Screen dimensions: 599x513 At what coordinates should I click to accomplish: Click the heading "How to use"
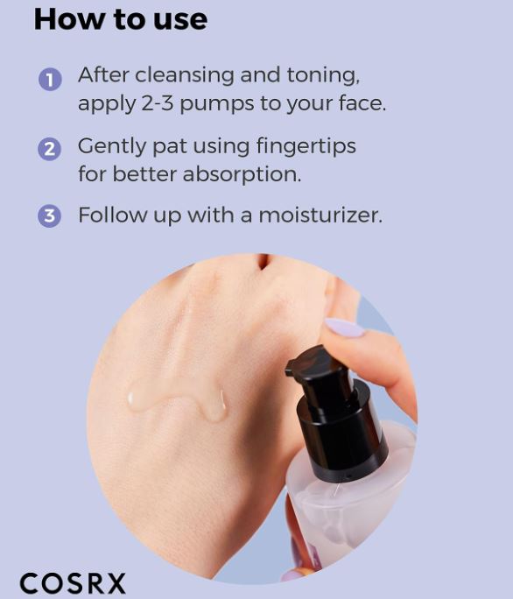click(120, 19)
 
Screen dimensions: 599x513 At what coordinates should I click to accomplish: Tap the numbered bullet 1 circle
click(49, 80)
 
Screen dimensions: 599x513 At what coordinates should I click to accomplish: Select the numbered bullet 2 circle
click(49, 149)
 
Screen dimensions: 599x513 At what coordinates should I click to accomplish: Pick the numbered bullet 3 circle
click(49, 216)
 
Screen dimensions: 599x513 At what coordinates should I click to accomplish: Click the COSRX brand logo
click(73, 583)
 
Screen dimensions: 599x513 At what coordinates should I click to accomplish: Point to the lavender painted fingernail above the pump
click(345, 328)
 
